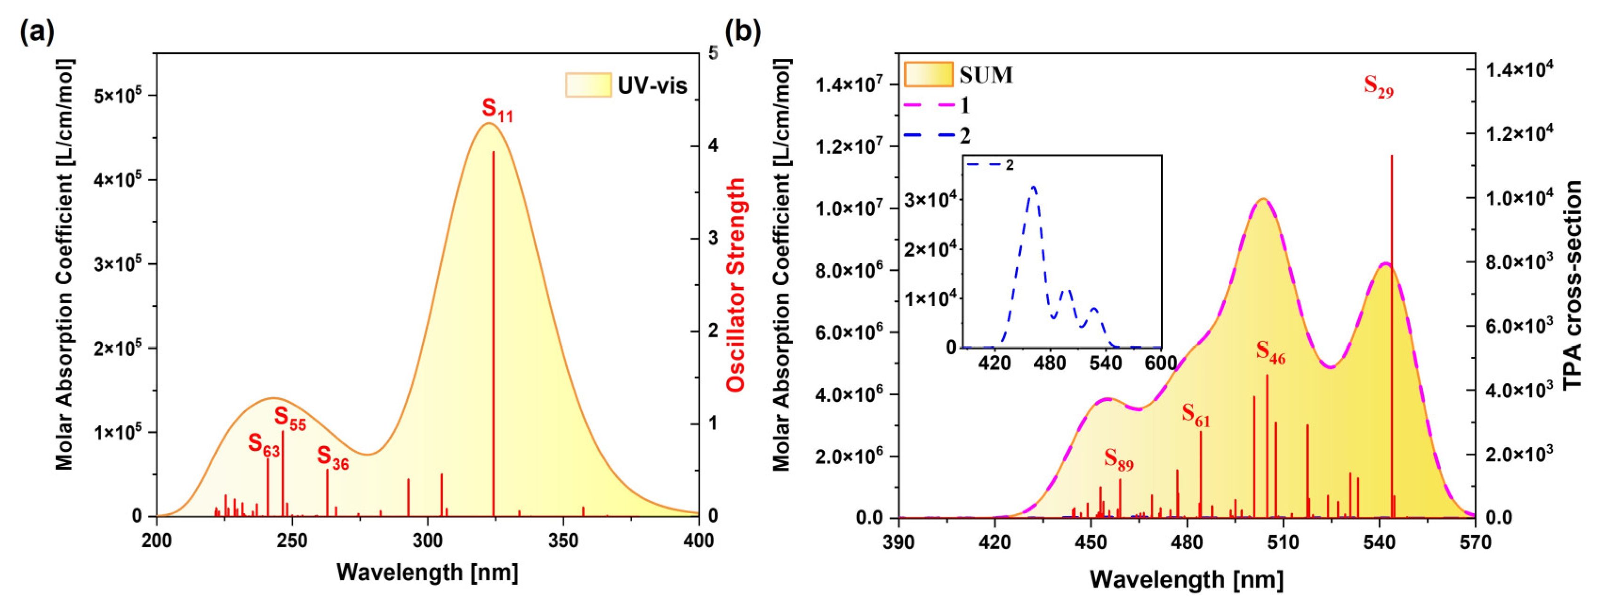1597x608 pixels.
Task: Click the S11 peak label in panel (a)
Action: click(x=497, y=110)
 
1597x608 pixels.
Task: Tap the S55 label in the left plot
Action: click(x=290, y=418)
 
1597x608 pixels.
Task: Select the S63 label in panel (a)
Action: click(x=264, y=444)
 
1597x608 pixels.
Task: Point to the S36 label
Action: click(x=333, y=458)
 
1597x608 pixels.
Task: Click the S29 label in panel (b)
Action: click(x=1379, y=86)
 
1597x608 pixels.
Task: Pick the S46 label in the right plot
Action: click(x=1271, y=352)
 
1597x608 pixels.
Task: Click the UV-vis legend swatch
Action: click(x=588, y=85)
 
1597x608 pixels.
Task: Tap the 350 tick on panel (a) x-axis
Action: click(x=563, y=540)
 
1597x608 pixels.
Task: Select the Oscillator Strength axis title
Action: click(x=736, y=285)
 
